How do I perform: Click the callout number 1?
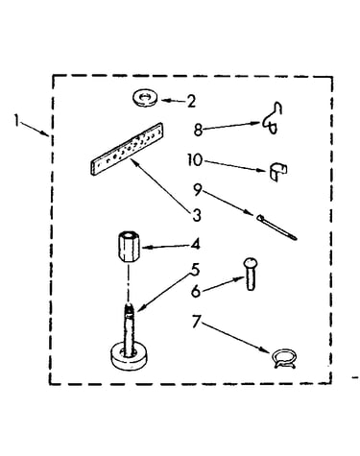point(17,120)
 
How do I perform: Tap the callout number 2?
point(191,102)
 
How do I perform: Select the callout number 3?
point(197,215)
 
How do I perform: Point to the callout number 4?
point(195,245)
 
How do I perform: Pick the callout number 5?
point(195,269)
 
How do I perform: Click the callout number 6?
point(196,291)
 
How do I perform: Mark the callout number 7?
point(196,321)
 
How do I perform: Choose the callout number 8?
point(199,130)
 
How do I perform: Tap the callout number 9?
point(198,190)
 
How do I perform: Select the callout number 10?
point(195,159)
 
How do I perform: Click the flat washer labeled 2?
point(145,98)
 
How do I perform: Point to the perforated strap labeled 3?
point(127,149)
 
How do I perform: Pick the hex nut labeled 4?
point(129,247)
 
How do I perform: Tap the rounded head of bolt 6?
point(250,263)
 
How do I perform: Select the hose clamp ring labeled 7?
point(283,358)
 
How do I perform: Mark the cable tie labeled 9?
point(276,228)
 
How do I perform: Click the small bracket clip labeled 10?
point(277,173)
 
